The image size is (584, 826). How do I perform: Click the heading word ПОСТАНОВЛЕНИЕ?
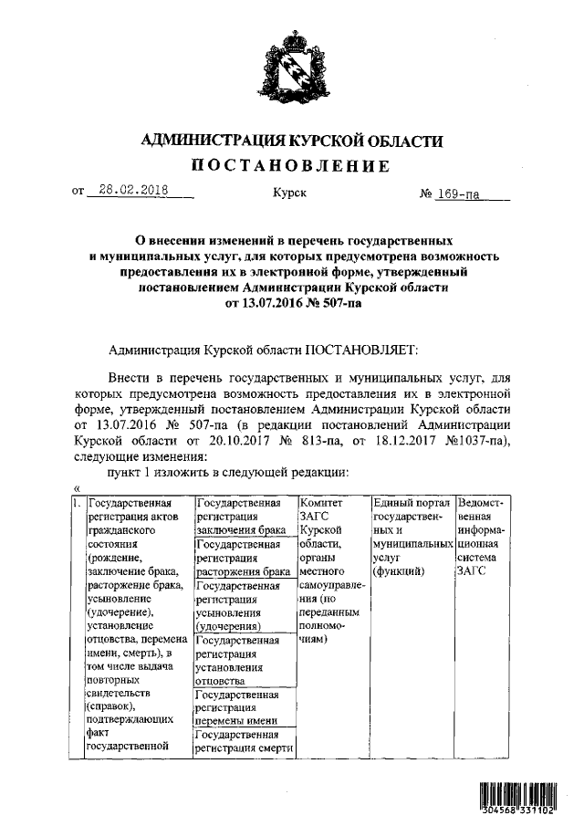tap(291, 166)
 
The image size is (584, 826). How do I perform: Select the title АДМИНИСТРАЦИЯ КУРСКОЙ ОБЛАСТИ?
tap(291, 141)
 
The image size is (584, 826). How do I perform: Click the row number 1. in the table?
tap(77, 503)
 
